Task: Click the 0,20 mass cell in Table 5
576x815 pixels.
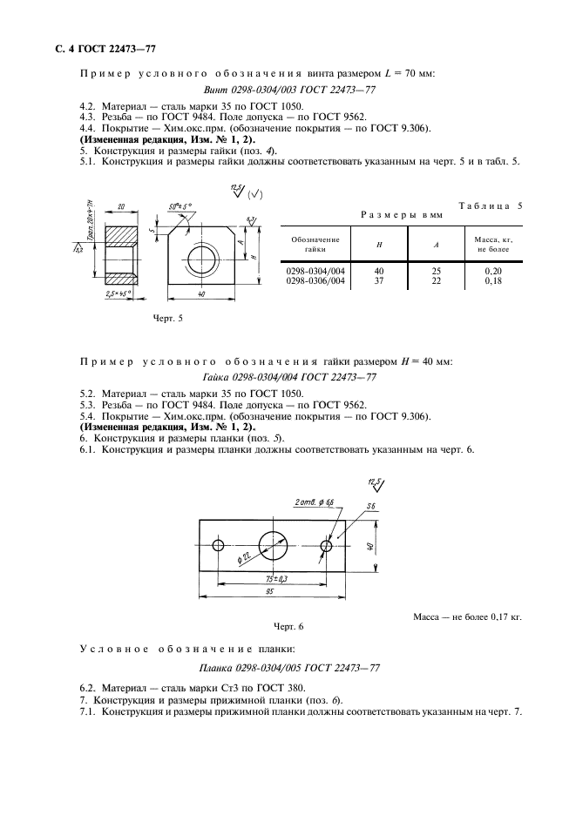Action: click(493, 272)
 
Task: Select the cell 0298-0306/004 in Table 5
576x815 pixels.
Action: click(315, 281)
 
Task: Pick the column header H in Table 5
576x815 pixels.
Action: click(378, 245)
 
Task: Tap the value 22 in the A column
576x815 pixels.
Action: click(437, 281)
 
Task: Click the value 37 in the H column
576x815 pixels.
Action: click(378, 281)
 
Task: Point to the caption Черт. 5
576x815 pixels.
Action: click(167, 319)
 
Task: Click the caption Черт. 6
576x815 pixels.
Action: click(288, 626)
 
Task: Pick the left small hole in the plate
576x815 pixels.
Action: click(217, 545)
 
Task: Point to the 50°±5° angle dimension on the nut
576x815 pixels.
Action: click(180, 206)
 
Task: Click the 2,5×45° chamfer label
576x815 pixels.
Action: click(118, 293)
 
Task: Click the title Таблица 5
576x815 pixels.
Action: click(489, 205)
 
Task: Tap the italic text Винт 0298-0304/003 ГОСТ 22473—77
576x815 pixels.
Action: click(288, 90)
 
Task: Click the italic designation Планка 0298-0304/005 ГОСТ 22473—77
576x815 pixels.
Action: click(288, 669)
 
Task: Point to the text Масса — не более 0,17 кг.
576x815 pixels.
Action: click(467, 616)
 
